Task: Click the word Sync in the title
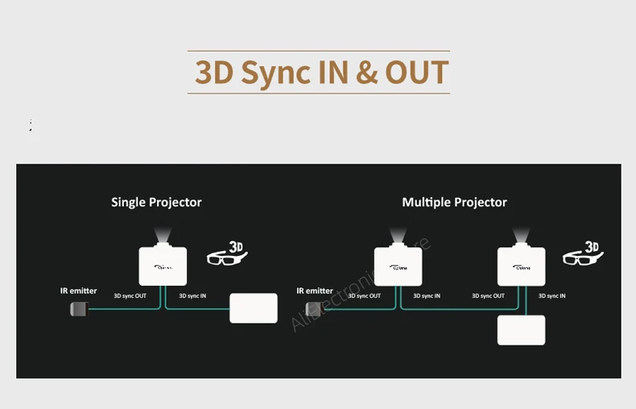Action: (x=275, y=72)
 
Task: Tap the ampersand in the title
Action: (x=365, y=72)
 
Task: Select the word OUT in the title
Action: (x=416, y=72)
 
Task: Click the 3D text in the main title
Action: (x=214, y=72)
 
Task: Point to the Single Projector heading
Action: (x=156, y=202)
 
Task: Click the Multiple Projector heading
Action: (x=454, y=202)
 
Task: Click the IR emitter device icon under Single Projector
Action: (x=78, y=308)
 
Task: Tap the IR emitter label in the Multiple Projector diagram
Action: (x=314, y=291)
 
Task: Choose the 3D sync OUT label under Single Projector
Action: (x=130, y=296)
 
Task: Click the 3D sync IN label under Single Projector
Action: (x=192, y=296)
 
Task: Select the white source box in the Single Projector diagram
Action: (x=254, y=308)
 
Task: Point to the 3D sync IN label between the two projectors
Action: (x=427, y=296)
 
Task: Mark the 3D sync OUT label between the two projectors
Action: (x=488, y=296)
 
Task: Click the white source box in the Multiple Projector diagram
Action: (x=521, y=330)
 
